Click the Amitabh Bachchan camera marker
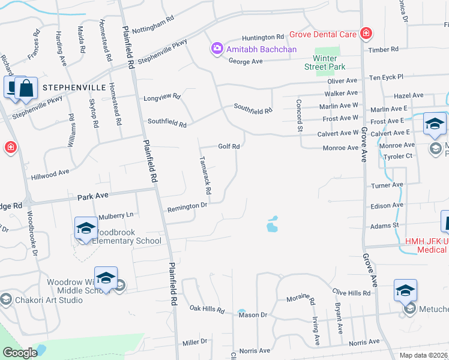[x=217, y=48]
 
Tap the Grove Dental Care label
[x=324, y=35]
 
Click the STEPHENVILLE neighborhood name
[x=70, y=88]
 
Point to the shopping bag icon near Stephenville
[x=27, y=89]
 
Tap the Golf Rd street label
[x=229, y=146]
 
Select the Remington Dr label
[x=187, y=206]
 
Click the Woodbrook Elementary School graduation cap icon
[x=86, y=229]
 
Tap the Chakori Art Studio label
[x=49, y=299]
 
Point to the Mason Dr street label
[x=252, y=314]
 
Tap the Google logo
[x=20, y=353]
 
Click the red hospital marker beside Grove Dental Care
[x=366, y=33]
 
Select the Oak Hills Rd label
[x=207, y=310]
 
